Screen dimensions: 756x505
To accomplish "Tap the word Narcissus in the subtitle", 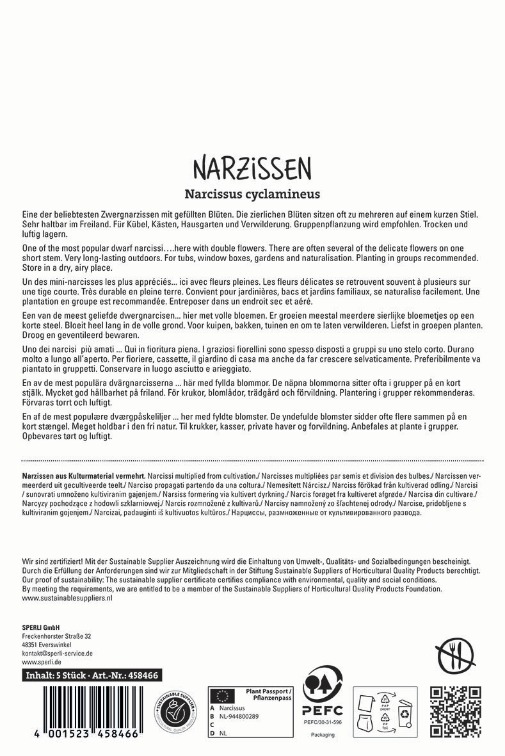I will tap(215, 193).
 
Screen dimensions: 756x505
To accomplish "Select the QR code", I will tap(455, 711).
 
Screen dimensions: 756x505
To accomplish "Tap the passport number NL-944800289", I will tap(240, 718).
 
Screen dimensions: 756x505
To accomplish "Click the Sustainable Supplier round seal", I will tap(172, 712).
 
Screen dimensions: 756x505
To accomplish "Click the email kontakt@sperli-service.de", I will tap(58, 654).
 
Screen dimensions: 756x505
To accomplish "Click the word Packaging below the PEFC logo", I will tap(323, 735).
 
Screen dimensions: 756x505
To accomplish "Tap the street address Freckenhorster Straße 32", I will tap(56, 636).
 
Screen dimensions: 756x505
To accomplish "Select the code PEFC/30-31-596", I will tap(323, 721).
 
